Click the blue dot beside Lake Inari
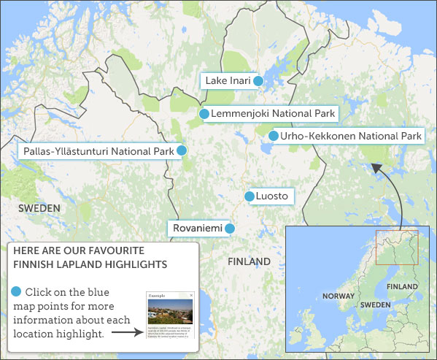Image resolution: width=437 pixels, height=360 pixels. [258, 81]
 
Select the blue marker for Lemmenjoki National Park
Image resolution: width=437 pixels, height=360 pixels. [204, 114]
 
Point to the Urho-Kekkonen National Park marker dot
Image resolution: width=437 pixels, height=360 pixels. [274, 136]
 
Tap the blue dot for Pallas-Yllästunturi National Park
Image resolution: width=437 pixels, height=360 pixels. [182, 150]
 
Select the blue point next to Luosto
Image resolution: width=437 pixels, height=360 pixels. [250, 196]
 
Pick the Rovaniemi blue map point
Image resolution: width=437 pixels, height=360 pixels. [229, 229]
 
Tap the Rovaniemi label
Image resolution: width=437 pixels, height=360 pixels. [197, 229]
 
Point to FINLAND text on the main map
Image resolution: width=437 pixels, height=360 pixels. [249, 261]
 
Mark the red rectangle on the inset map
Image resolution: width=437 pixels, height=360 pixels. [397, 248]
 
